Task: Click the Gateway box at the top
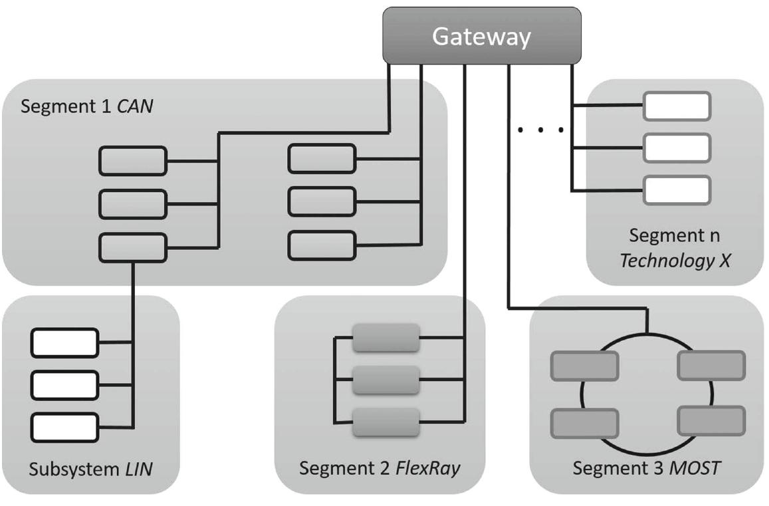tap(481, 37)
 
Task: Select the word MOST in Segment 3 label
tap(695, 468)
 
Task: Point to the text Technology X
tap(675, 260)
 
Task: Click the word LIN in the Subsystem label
tap(138, 469)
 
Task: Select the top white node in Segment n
tap(677, 106)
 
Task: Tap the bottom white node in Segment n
tap(677, 190)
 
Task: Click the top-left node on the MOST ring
tap(584, 366)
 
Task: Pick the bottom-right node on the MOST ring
tap(711, 420)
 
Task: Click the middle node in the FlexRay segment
tap(386, 380)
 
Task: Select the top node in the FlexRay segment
tap(386, 338)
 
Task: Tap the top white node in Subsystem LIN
tap(64, 342)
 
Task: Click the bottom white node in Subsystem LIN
tap(64, 428)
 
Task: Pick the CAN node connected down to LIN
tap(133, 247)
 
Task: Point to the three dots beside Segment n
tap(541, 130)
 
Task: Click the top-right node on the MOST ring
tap(711, 366)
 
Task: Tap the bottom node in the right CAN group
tap(322, 245)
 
